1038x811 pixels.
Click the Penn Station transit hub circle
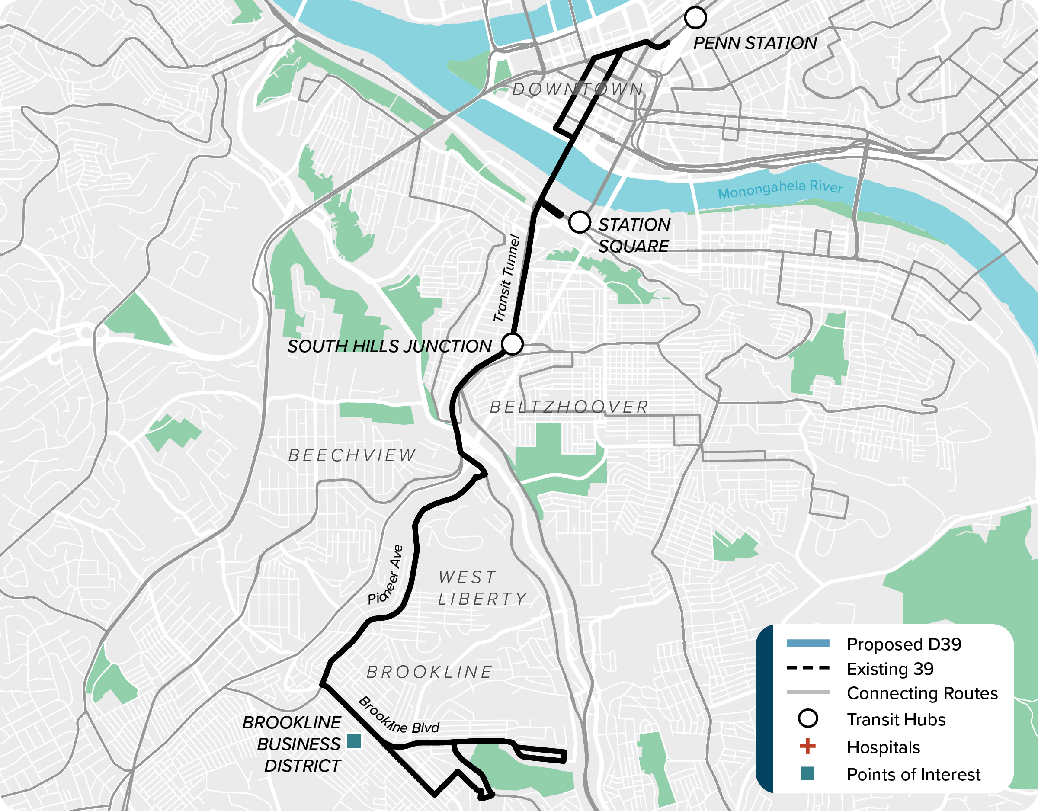pos(695,18)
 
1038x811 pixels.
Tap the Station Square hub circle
pos(580,222)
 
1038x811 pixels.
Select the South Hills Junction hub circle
pos(513,344)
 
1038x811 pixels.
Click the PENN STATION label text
pos(755,43)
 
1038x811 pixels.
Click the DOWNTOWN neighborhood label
pos(577,90)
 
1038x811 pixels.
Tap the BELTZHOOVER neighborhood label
pos(569,407)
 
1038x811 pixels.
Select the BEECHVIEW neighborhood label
pos(352,455)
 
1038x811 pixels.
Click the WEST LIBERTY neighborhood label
pos(482,588)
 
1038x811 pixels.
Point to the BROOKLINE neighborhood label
pos(429,672)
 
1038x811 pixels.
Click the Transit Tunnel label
pos(506,278)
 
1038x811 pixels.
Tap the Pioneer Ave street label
pos(385,575)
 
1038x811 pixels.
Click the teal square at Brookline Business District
pos(354,741)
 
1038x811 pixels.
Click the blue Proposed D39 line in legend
pos(807,643)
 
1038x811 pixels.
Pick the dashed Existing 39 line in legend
pos(807,668)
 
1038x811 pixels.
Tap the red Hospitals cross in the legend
pos(807,747)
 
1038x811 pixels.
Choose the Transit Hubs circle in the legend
pos(807,718)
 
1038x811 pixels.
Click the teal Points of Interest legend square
pos(807,773)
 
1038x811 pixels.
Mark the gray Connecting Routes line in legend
pos(807,692)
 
